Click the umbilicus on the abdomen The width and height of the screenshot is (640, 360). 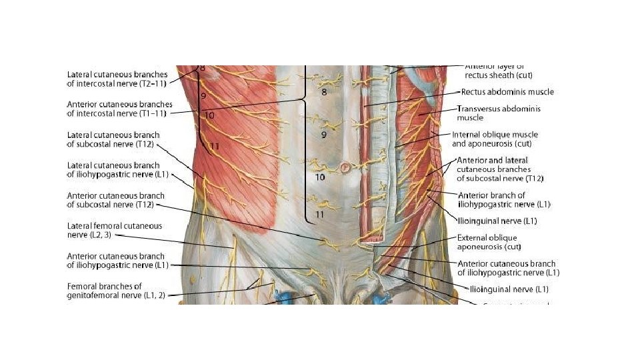345,167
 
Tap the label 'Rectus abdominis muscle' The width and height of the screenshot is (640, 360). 507,92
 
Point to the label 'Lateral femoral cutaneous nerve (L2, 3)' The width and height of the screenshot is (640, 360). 114,231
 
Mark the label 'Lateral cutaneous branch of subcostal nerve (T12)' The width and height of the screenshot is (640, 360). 113,139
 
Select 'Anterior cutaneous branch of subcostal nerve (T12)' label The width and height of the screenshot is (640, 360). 115,199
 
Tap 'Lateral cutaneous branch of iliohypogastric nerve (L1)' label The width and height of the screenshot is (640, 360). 114,169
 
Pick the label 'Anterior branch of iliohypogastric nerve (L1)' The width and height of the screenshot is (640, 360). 505,199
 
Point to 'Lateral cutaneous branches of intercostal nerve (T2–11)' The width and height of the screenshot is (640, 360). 117,79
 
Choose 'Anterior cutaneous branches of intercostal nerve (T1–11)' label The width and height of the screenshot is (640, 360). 119,109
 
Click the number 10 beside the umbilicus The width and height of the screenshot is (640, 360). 320,177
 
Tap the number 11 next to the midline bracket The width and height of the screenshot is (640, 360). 320,215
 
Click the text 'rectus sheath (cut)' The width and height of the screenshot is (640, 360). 494,75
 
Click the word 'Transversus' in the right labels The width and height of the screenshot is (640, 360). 479,108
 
